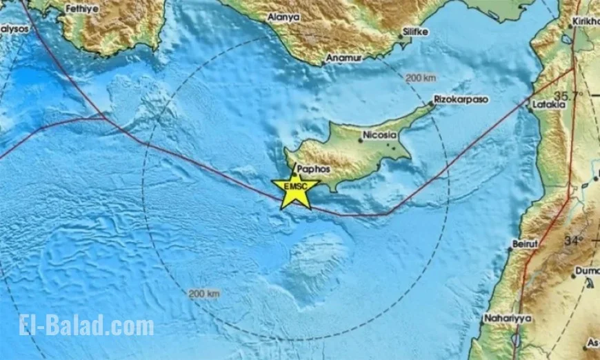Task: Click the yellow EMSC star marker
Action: (295, 187)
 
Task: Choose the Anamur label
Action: (343, 59)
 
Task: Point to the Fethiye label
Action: (82, 10)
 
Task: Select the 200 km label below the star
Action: (205, 294)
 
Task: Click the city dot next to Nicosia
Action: (360, 141)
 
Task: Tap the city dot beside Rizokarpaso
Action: (432, 103)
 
